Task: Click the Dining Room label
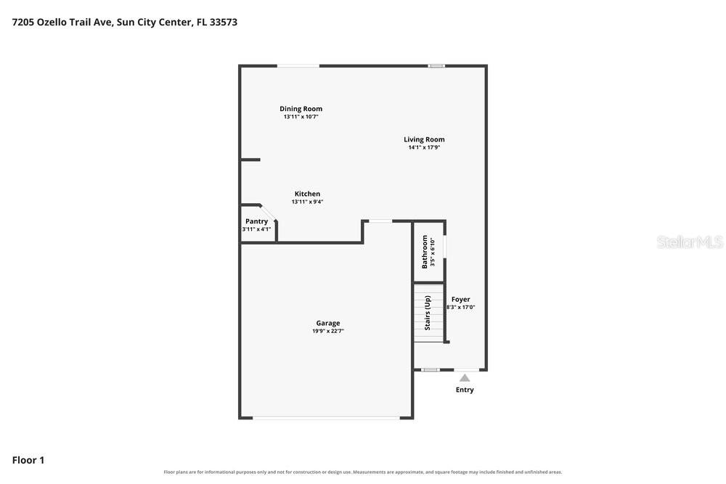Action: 301,109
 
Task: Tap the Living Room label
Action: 424,139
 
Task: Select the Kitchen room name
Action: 307,194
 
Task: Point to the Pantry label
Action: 256,221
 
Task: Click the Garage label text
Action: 328,323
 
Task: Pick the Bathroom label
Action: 425,252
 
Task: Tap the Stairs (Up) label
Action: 428,313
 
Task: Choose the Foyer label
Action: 461,300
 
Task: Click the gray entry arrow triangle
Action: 465,378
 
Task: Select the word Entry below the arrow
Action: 465,390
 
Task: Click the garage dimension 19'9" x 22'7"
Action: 328,331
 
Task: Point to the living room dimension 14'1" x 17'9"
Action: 424,147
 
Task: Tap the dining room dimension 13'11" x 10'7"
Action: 301,117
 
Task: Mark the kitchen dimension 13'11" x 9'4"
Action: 307,202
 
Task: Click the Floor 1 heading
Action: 28,460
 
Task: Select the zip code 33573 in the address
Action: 223,22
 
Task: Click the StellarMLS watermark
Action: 690,242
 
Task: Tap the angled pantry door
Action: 268,213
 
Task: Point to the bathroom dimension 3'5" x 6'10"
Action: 433,253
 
